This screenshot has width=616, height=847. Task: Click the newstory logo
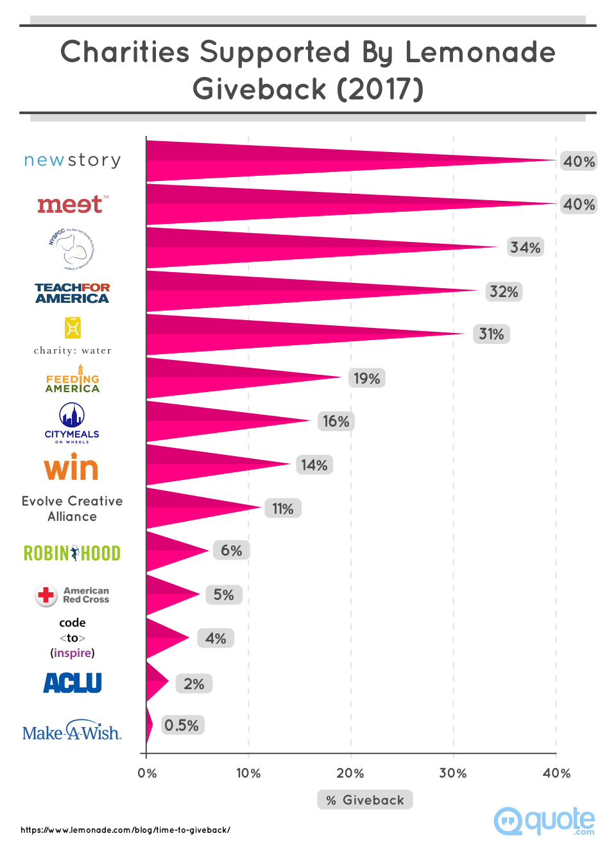73,160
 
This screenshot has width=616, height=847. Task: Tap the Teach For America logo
72,293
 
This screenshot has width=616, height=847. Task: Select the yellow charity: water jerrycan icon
73,328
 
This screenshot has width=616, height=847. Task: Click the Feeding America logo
73,380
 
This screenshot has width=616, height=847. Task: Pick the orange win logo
71,467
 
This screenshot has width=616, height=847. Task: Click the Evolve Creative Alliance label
72,509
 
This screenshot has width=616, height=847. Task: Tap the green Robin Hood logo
72,553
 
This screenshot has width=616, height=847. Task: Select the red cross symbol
46,595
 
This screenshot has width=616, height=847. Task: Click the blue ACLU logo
73,683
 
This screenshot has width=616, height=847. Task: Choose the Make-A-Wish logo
72,732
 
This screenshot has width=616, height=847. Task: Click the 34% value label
525,248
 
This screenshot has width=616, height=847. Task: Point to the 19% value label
366,379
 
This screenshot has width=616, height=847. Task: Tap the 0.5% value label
182,725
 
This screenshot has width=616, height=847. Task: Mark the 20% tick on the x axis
350,773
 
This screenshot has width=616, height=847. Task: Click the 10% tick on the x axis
248,773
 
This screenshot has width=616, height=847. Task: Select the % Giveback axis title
365,800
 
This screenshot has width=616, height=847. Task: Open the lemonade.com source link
125,830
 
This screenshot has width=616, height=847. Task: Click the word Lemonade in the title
480,52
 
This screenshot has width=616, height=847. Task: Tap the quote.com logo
545,821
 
